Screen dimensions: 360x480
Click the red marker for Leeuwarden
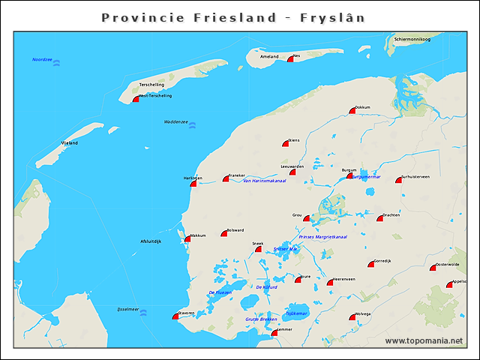coord(292,172)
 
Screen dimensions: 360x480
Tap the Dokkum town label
coord(363,107)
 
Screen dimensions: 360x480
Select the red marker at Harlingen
coord(193,182)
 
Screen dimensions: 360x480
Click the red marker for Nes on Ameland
coord(290,58)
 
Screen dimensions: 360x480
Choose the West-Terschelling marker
coord(136,98)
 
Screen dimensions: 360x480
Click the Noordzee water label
coord(42,59)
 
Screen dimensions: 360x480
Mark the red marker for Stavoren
coord(175,316)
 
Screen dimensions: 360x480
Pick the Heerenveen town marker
coord(330,282)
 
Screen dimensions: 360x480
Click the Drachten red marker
coord(380,218)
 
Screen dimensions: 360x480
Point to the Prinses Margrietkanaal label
coord(322,237)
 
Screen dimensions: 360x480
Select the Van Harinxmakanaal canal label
coord(265,181)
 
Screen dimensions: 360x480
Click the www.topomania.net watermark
coord(424,341)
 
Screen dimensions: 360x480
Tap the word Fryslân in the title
coord(331,16)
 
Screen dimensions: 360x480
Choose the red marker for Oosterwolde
coord(433,267)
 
